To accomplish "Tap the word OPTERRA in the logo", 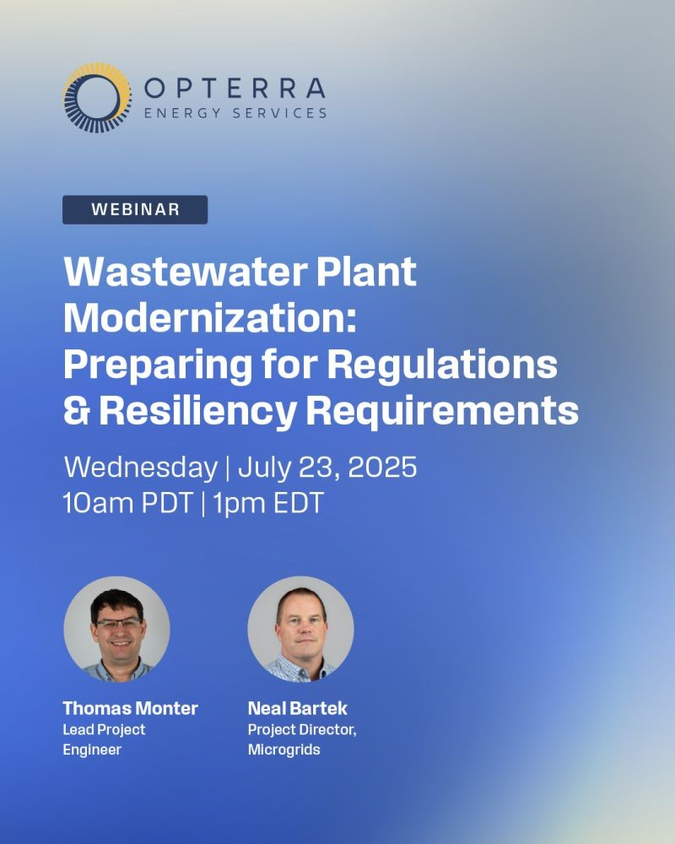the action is point(235,89).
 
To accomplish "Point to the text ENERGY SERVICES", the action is point(235,113).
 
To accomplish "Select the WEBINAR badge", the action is point(135,209).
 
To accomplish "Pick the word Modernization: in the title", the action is point(210,318).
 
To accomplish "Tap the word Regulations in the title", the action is point(442,365).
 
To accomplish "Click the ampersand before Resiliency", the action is point(77,411).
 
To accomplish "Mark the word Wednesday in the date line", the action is point(141,467).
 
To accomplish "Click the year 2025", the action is point(382,467).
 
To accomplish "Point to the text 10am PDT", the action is point(128,503).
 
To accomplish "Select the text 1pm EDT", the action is point(268,503).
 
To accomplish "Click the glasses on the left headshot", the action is point(118,624).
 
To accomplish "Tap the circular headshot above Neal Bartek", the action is point(301,630).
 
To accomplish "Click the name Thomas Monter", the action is point(130,708).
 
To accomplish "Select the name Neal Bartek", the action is point(298,708).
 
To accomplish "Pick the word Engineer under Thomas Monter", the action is point(92,749).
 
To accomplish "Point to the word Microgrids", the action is point(283,749).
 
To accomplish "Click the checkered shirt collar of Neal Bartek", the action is point(300,668).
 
